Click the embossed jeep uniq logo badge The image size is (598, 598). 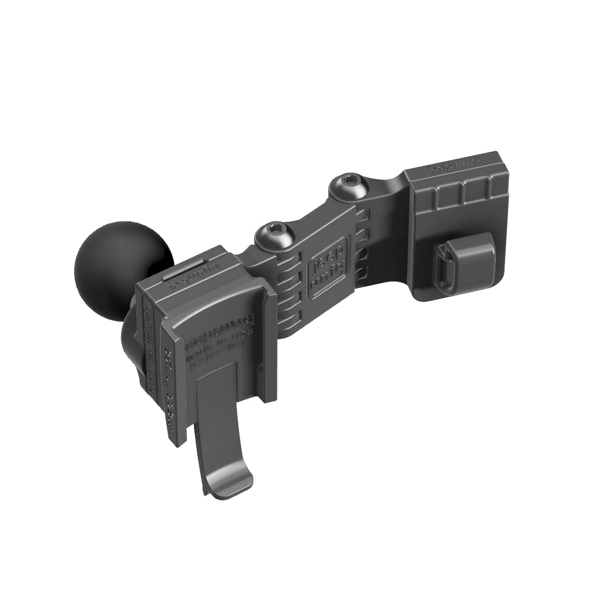[x=328, y=268]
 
